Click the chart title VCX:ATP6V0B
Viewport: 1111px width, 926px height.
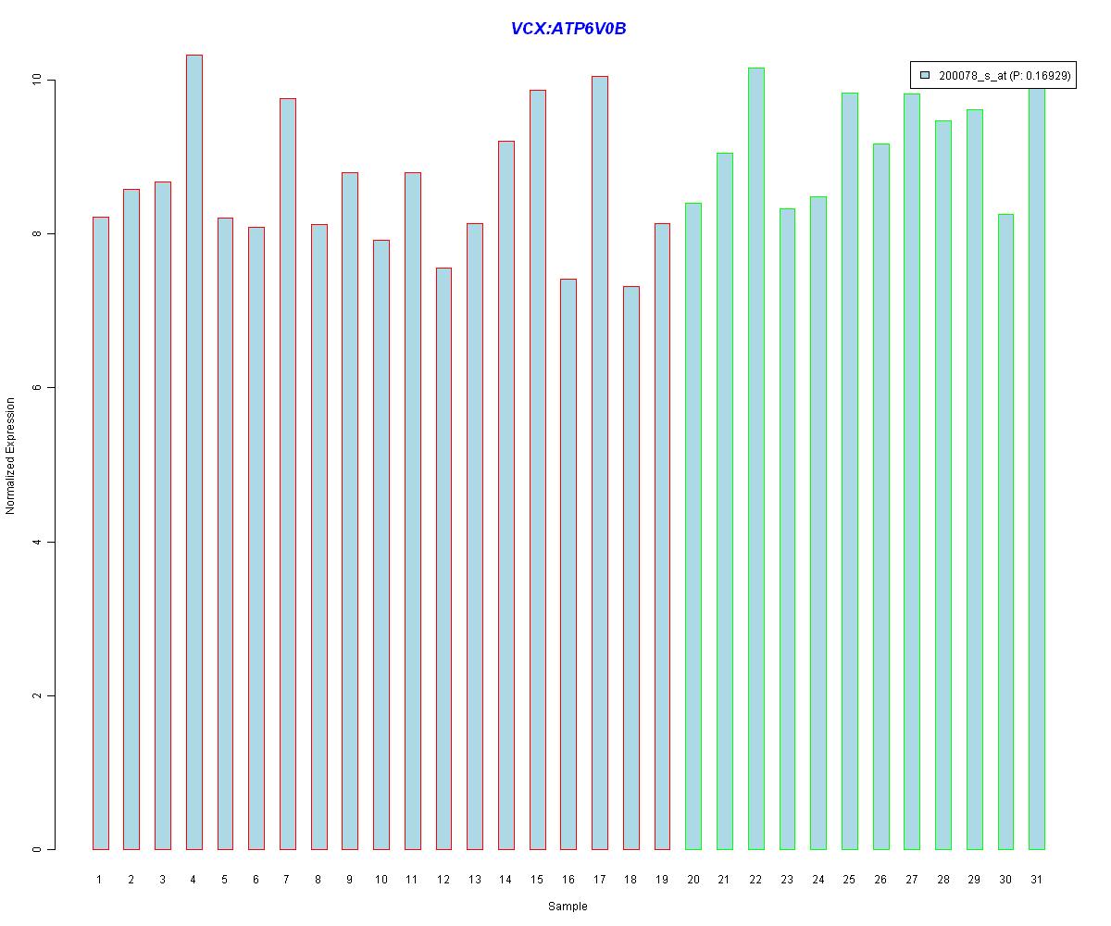(568, 29)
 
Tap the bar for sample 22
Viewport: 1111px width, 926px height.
(755, 458)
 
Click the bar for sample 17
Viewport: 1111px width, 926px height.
(599, 462)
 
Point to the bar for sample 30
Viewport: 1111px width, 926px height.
(1005, 532)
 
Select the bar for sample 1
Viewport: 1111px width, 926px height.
(100, 532)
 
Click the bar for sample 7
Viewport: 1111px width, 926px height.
(287, 473)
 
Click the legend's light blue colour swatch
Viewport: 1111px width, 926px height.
(925, 75)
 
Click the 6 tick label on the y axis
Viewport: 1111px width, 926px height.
(38, 388)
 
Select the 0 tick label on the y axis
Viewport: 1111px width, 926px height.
(38, 849)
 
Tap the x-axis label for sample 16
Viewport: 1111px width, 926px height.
(568, 880)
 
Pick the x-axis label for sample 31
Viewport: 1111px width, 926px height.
(1036, 880)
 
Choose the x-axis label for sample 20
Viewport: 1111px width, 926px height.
(693, 880)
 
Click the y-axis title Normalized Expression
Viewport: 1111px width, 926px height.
(11, 456)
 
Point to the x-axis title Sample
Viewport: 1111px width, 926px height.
(567, 907)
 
